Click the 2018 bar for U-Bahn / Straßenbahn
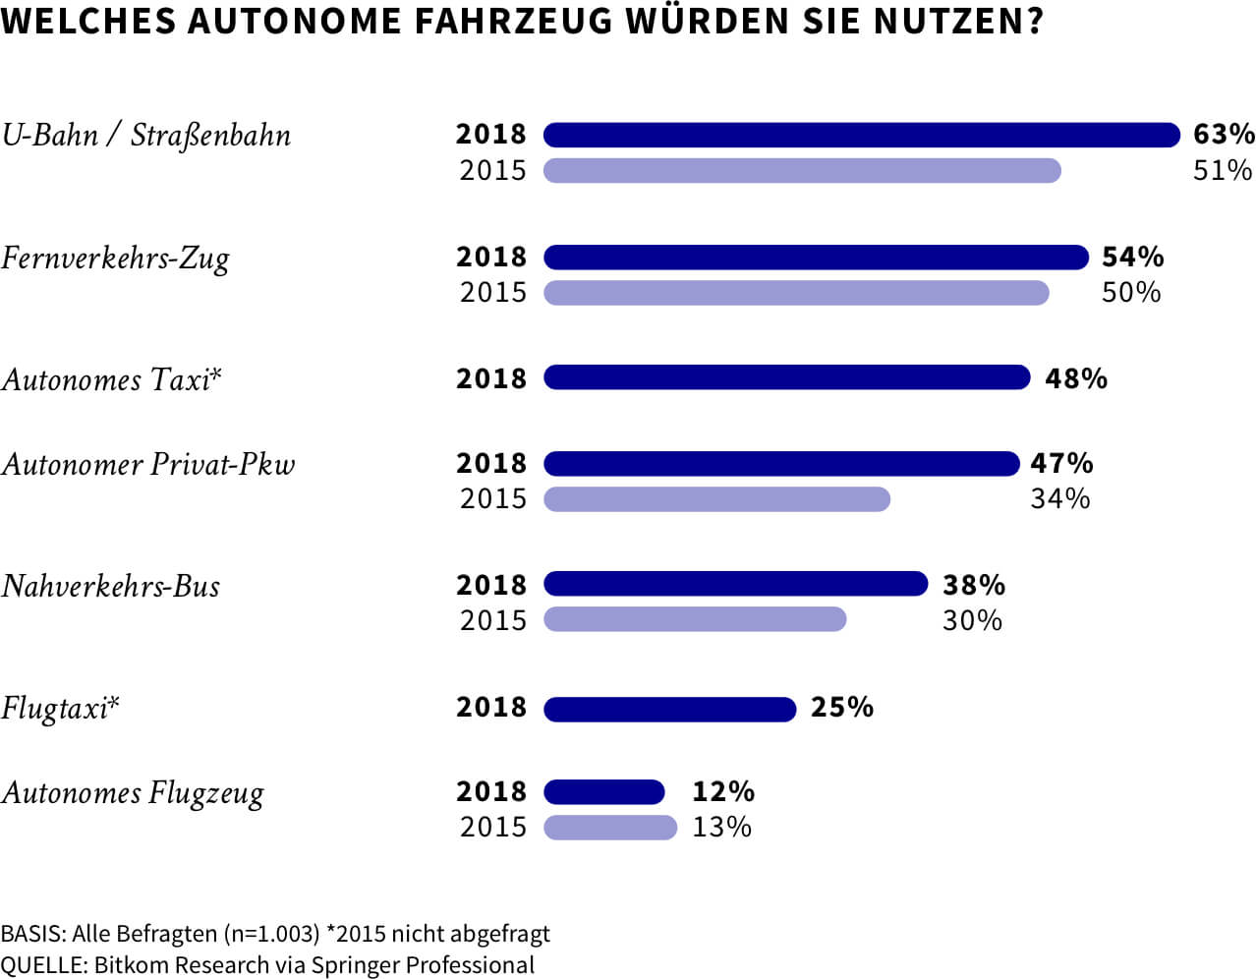coord(861,135)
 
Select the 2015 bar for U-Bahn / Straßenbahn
coord(802,171)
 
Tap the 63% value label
coord(1223,134)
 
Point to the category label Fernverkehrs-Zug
coord(115,259)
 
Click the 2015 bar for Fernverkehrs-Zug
coord(796,293)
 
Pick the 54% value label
coord(1132,258)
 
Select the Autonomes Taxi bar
coord(786,377)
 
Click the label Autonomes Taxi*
coord(112,379)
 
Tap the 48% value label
coord(1075,378)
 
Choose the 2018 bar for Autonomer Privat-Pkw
coord(781,463)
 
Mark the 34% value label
coord(1059,499)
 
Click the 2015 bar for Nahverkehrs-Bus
coord(695,619)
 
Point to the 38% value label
coord(973,585)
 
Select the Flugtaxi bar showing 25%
coord(669,709)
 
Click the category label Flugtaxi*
coord(60,709)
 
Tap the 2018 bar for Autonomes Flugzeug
coord(604,792)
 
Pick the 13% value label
coord(721,828)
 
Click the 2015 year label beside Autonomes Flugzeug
coord(492,828)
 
